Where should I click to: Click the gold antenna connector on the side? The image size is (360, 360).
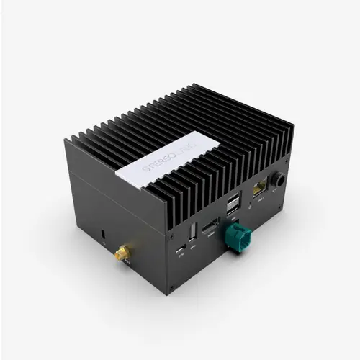122,253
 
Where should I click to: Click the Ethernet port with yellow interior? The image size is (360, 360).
258,189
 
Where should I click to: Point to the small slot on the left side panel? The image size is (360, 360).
102,235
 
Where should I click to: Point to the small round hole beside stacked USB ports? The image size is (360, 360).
248,204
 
